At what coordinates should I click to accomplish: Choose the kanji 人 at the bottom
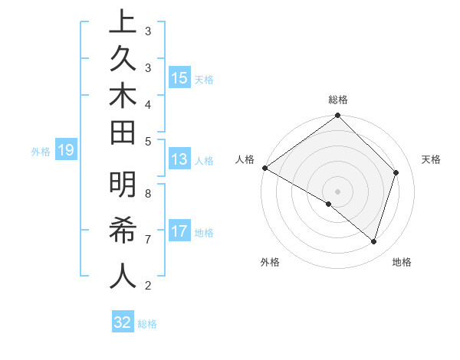coord(123,276)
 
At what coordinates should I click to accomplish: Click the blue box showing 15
coord(179,78)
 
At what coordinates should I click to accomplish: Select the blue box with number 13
coord(179,160)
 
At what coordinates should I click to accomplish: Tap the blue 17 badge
coord(179,232)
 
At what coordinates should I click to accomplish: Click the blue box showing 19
coord(65,151)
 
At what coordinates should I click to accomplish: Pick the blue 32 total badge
coord(123,322)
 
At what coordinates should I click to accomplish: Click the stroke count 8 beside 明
coord(148,193)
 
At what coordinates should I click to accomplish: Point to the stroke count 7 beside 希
coord(148,240)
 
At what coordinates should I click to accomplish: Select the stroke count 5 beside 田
coord(148,141)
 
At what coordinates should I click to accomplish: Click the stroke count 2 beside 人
coord(148,286)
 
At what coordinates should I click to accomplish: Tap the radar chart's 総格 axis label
coord(338,100)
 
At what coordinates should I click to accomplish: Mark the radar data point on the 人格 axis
coord(265,168)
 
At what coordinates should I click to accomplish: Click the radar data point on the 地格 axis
coord(373,242)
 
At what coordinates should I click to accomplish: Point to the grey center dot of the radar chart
coord(337,191)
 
